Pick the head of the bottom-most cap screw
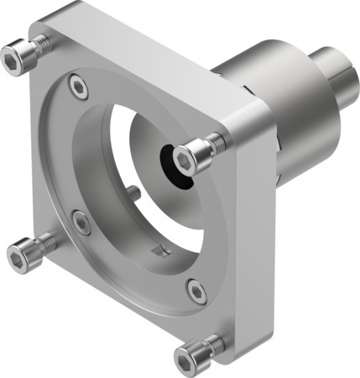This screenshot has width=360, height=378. point(189,358)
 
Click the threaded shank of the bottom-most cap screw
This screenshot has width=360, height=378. point(214,344)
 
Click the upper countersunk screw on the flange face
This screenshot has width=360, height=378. point(78,85)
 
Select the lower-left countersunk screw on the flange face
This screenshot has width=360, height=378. point(81,222)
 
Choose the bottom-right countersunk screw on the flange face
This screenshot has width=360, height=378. point(196,291)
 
